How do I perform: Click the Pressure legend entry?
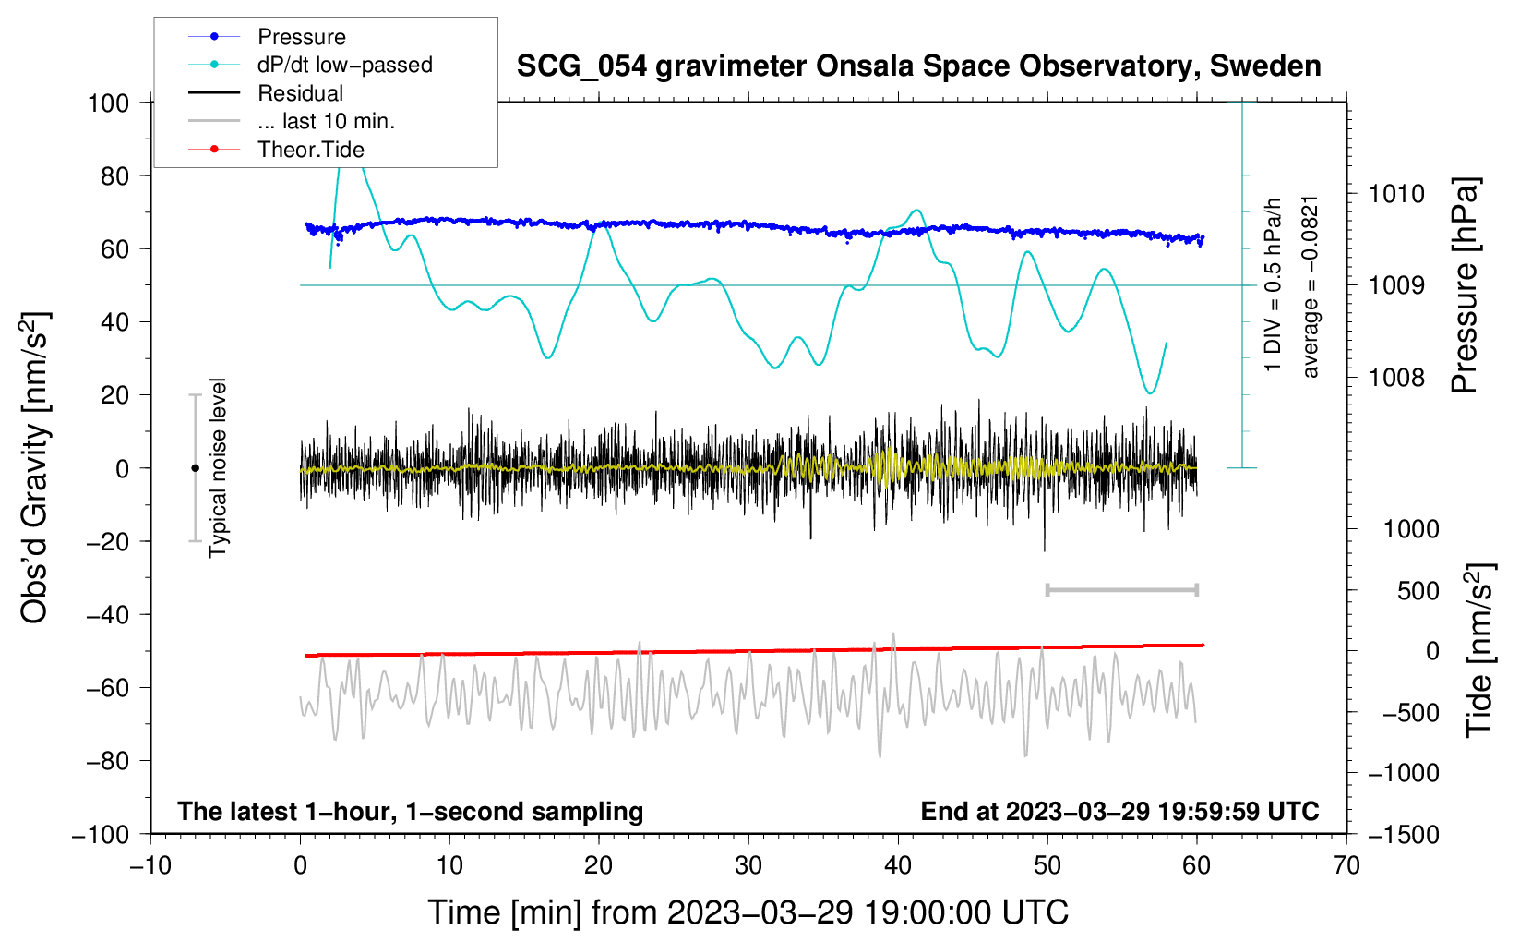(x=267, y=36)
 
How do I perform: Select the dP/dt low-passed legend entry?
(x=310, y=65)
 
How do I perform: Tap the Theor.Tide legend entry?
(x=276, y=150)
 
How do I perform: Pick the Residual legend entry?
(x=266, y=93)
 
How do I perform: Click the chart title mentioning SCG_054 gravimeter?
(x=918, y=66)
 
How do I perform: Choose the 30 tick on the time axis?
(x=748, y=865)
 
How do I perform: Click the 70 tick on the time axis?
(x=1346, y=865)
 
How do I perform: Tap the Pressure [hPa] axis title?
(x=1465, y=285)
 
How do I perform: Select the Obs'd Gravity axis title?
(x=34, y=467)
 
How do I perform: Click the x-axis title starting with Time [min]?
(x=748, y=912)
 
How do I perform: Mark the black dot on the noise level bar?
(x=195, y=468)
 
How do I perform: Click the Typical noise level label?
(x=218, y=467)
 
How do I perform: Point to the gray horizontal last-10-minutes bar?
(x=1121, y=589)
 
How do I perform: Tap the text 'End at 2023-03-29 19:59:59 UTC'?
(x=1119, y=811)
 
